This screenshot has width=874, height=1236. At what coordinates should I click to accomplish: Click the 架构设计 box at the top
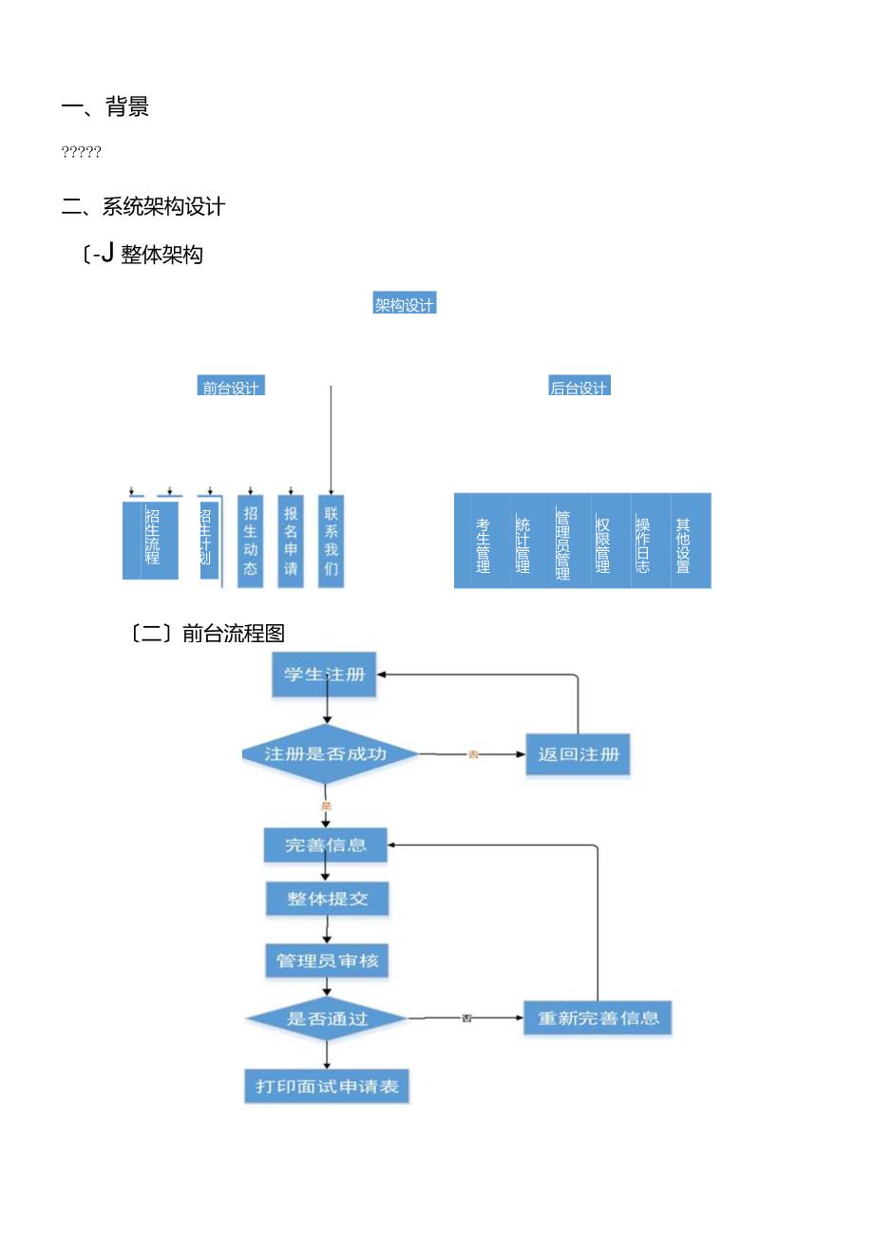click(x=405, y=305)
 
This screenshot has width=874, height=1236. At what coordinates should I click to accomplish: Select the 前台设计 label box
click(x=231, y=387)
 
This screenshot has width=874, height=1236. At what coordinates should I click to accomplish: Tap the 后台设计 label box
click(x=579, y=387)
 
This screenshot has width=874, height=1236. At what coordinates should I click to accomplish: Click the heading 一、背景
click(x=105, y=107)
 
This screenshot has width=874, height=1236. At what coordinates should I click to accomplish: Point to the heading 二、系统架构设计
click(x=143, y=205)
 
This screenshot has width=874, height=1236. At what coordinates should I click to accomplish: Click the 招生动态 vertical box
click(x=251, y=541)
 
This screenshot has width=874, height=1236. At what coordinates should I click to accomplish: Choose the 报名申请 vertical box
click(x=291, y=541)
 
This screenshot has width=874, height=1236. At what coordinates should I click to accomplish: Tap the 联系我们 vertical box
click(x=331, y=541)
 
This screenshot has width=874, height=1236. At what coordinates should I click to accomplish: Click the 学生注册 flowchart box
click(x=324, y=675)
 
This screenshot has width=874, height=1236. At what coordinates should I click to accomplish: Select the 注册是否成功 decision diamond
click(x=326, y=754)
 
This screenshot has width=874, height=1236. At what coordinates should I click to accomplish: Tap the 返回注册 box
click(x=578, y=754)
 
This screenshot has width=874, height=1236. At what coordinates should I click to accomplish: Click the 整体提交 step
click(x=327, y=898)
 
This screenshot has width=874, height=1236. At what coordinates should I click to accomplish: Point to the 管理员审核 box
click(x=327, y=960)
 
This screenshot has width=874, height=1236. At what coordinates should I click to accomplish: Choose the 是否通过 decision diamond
click(x=327, y=1018)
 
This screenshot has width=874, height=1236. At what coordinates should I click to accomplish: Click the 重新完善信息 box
click(x=598, y=1018)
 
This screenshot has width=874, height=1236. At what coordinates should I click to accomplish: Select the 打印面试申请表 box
click(x=327, y=1086)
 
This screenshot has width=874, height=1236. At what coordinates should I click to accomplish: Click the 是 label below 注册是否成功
click(x=326, y=806)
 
